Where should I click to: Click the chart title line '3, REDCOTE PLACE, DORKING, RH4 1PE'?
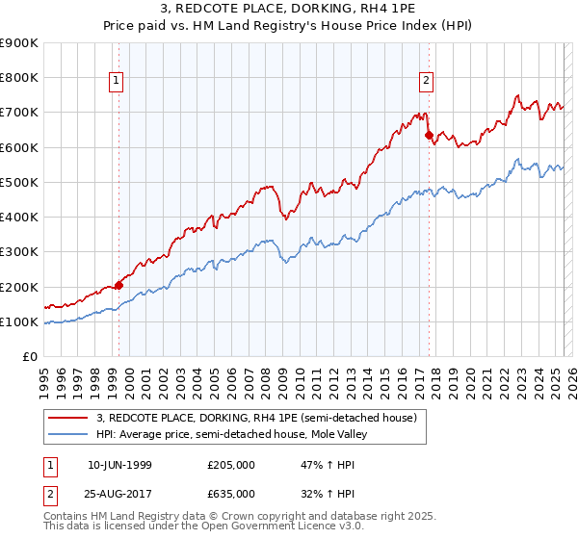pos(289,10)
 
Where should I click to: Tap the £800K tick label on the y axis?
pos(19,78)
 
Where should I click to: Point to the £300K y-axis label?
pos(19,252)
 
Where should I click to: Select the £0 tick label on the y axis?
pos(30,357)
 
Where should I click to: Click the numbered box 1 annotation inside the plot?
pos(116,82)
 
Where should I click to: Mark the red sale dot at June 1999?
pos(119,285)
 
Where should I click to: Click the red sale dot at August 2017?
pos(429,135)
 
